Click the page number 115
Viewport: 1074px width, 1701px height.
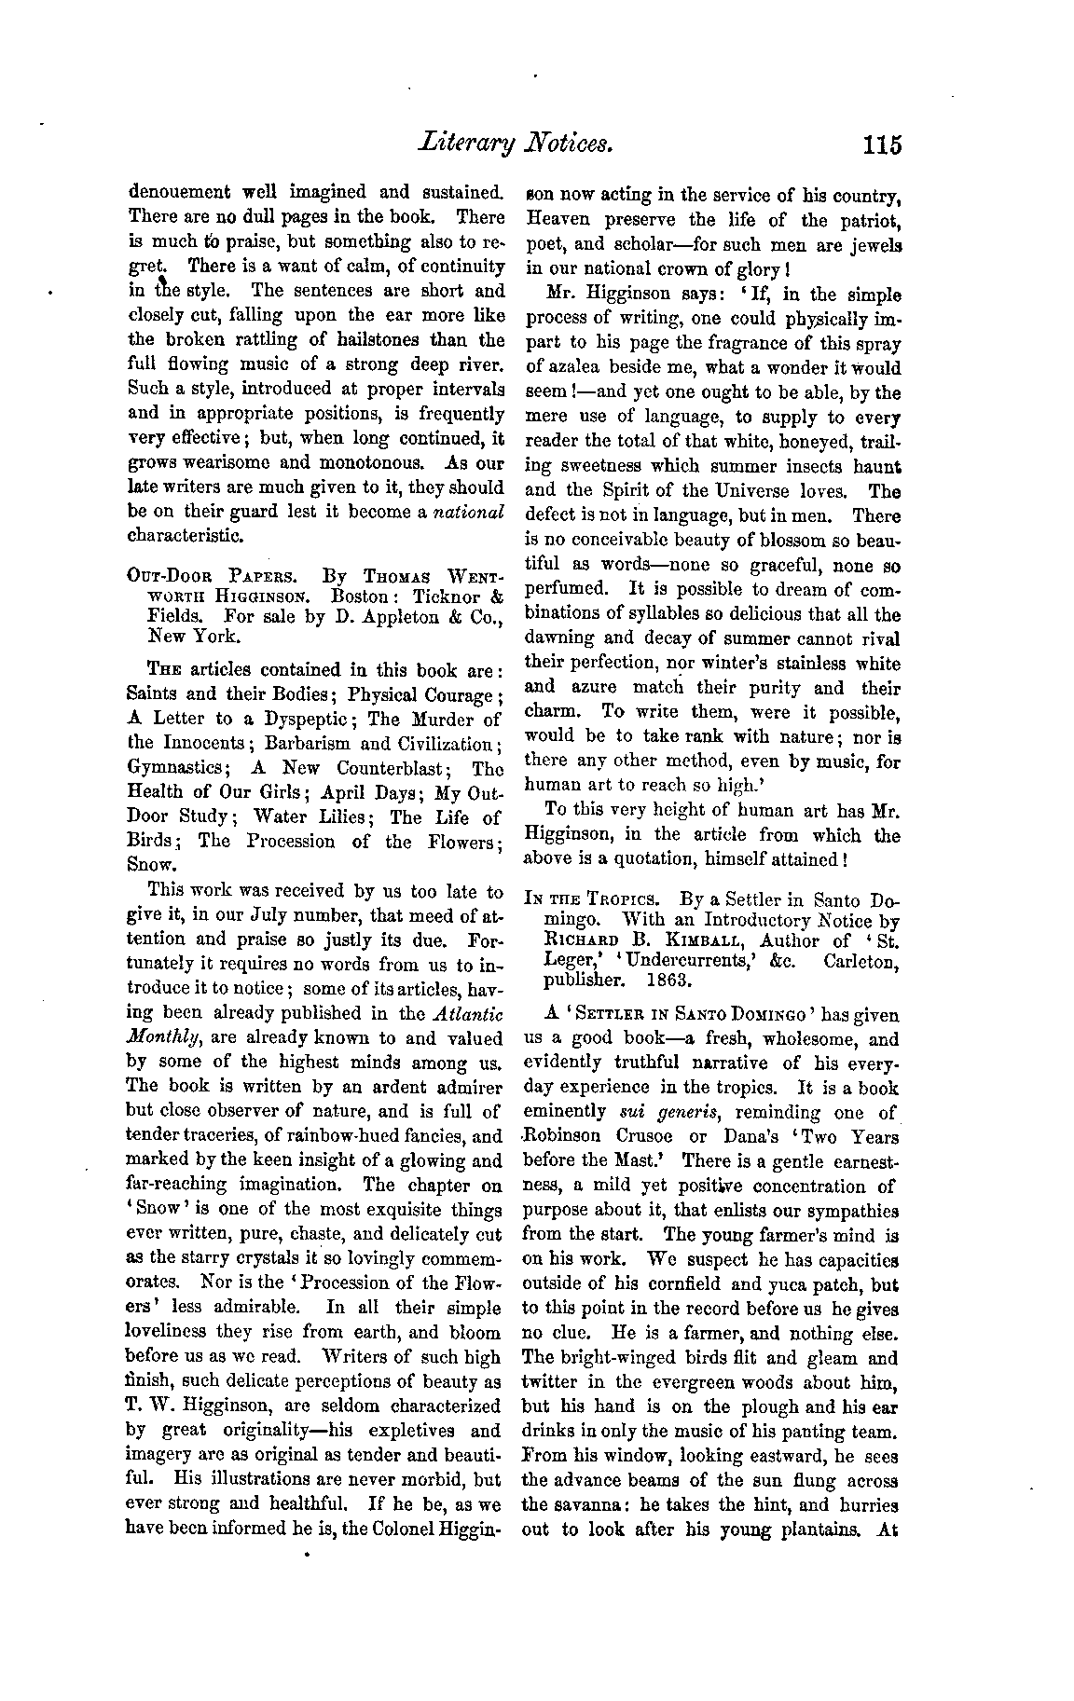click(x=882, y=144)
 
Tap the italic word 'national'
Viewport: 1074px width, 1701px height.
click(x=470, y=512)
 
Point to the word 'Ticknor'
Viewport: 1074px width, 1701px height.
click(x=444, y=596)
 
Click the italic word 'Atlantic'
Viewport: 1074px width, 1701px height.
click(x=470, y=1013)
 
